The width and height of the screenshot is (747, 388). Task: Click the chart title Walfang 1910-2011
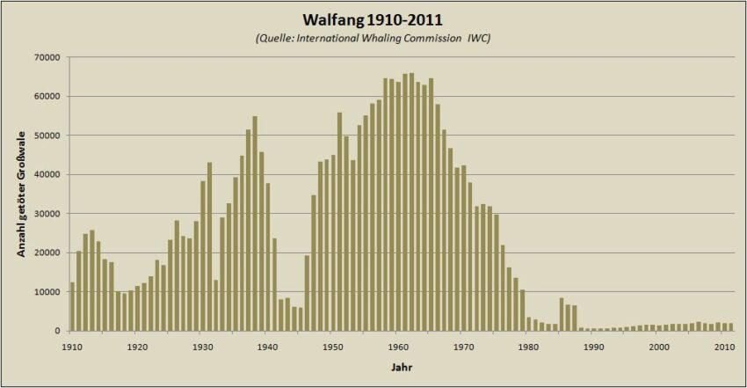(x=373, y=18)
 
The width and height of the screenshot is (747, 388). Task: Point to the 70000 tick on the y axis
(x=47, y=57)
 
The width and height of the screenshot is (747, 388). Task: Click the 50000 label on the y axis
(x=47, y=135)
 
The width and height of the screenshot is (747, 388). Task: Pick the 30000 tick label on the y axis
(x=47, y=214)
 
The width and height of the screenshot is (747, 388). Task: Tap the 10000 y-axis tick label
(x=47, y=292)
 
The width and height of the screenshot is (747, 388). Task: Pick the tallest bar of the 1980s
(x=562, y=314)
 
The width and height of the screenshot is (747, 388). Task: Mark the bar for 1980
(x=529, y=324)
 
